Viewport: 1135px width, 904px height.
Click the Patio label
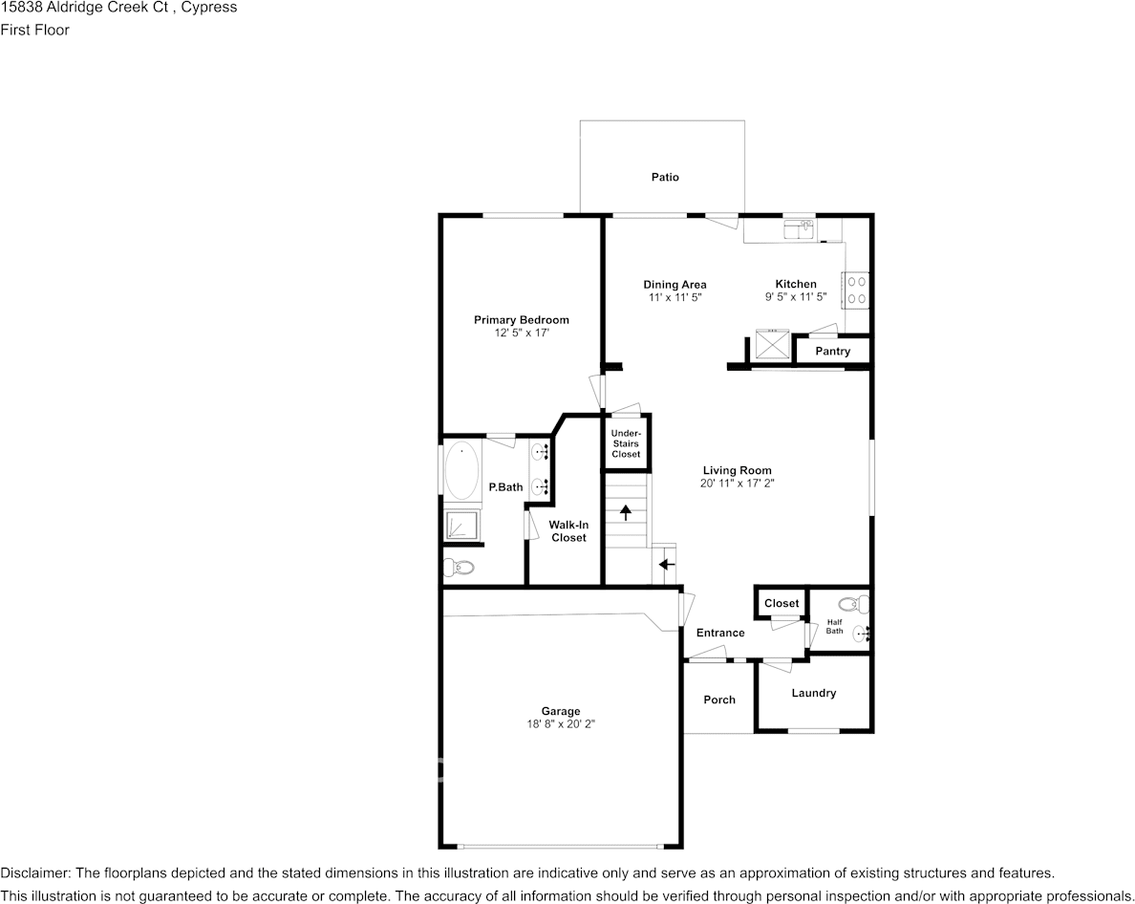click(x=665, y=177)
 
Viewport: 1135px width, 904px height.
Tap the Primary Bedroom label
click(x=522, y=320)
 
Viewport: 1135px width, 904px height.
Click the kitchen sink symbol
click(x=798, y=228)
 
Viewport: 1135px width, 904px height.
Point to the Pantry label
click(x=832, y=351)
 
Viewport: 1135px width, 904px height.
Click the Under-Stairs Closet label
click(x=626, y=443)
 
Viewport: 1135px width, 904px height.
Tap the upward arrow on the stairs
click(x=626, y=512)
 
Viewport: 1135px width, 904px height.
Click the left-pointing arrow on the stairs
click(x=667, y=565)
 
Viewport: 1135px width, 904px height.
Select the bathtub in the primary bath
click(x=462, y=470)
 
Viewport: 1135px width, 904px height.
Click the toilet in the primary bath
click(x=460, y=568)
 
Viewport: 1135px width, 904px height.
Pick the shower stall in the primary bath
click(x=462, y=526)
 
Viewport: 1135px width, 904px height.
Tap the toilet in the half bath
click(x=853, y=603)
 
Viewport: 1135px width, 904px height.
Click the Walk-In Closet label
click(x=568, y=531)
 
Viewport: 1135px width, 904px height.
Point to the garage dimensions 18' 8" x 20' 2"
click(x=561, y=724)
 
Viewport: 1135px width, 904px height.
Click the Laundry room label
click(x=813, y=693)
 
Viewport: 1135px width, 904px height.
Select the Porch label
click(x=719, y=700)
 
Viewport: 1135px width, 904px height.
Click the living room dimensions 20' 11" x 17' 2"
click(x=737, y=484)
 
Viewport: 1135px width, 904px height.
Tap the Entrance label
click(x=720, y=633)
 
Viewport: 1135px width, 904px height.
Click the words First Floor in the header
click(x=34, y=30)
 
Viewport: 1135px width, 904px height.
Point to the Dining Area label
click(x=675, y=285)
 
